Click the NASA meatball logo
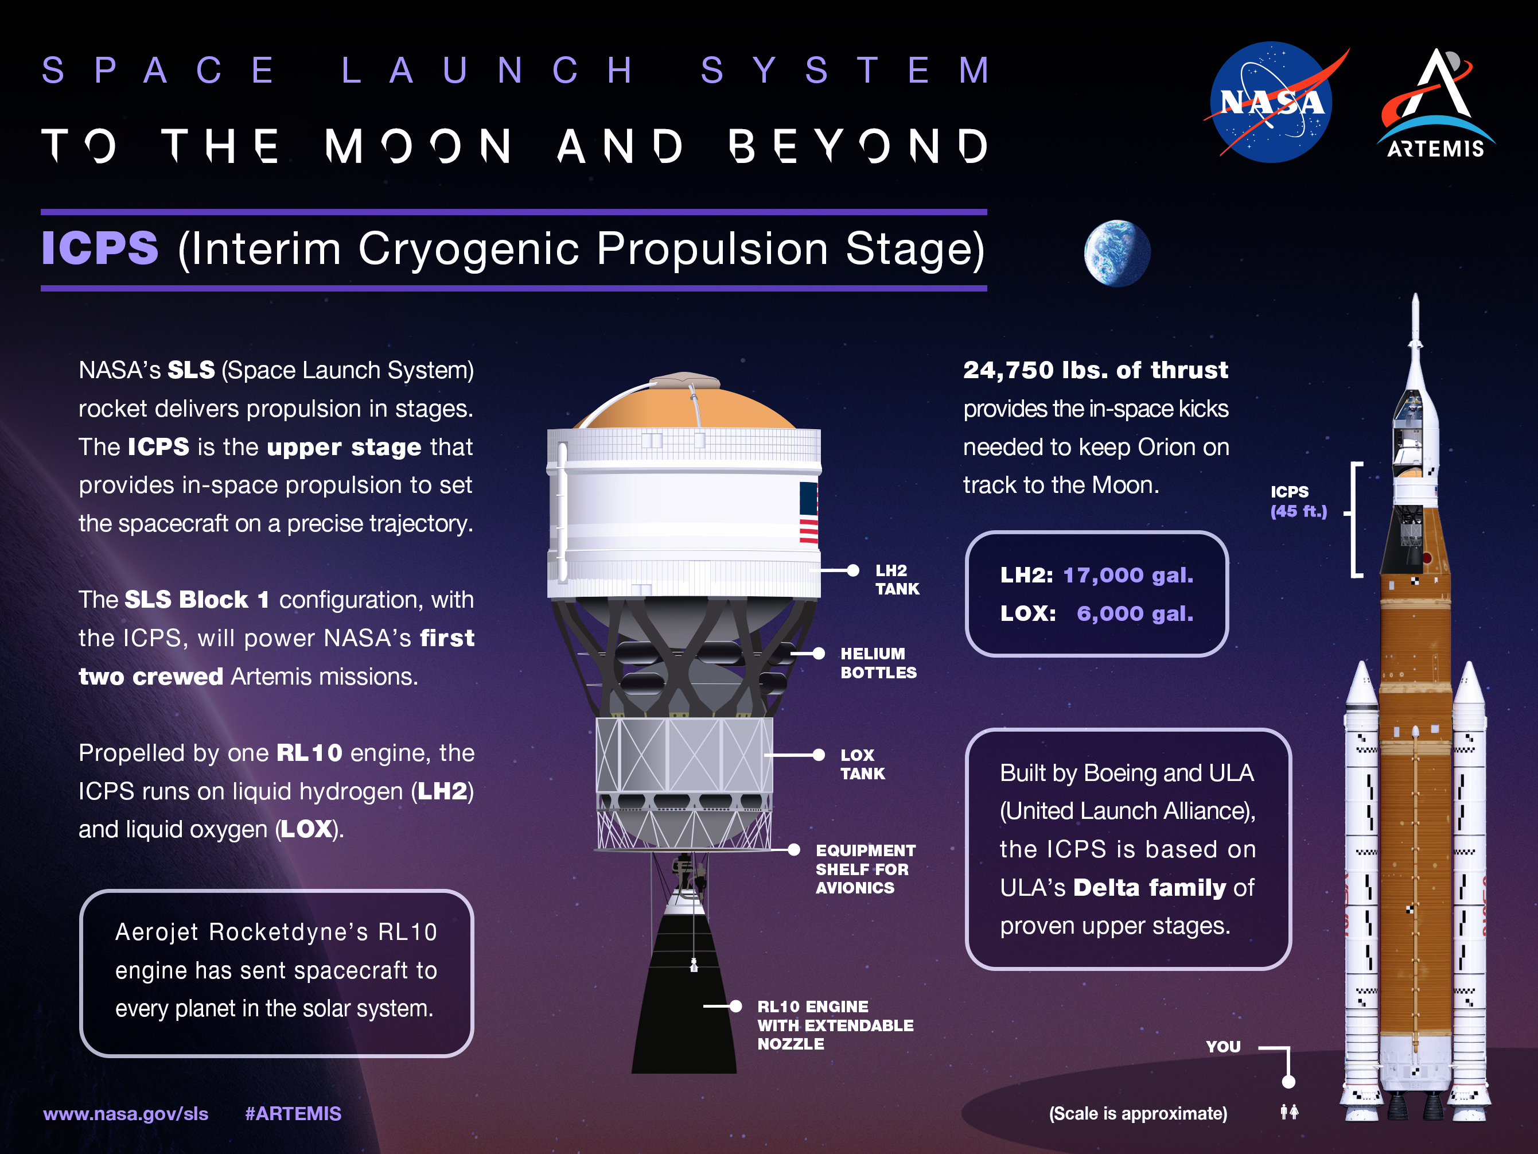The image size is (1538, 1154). [x=1271, y=102]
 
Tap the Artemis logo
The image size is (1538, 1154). [x=1436, y=104]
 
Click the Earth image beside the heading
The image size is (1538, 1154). [x=1117, y=253]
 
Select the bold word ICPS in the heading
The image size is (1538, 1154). [x=100, y=248]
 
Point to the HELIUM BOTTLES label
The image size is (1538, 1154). [x=878, y=663]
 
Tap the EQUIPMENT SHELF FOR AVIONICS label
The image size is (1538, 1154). [x=865, y=869]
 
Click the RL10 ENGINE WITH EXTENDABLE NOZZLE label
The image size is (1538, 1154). [x=834, y=1025]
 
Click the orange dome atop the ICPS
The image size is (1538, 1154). [x=685, y=407]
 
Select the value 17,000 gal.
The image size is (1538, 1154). [x=1128, y=575]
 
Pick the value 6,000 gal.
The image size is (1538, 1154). [x=1134, y=613]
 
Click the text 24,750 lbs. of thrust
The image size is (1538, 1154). [x=1095, y=370]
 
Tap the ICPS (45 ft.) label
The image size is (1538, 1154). [x=1298, y=502]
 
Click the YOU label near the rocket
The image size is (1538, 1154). [x=1222, y=1046]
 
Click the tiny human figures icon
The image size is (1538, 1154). [x=1289, y=1112]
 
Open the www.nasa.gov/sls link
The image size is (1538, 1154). [x=126, y=1114]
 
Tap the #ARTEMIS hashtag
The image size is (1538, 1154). [x=293, y=1114]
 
